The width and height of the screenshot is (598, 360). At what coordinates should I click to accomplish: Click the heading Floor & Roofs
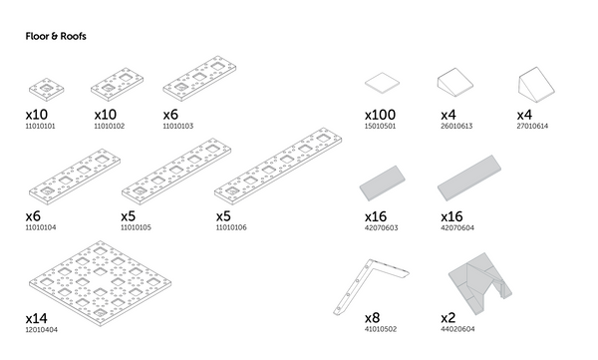(56, 36)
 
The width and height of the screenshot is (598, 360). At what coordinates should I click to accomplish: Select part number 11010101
(40, 127)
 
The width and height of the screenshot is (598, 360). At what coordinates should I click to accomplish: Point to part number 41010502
(380, 329)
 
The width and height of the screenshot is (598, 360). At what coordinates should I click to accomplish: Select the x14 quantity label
(37, 317)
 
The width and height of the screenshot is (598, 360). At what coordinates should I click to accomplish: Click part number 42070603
(380, 227)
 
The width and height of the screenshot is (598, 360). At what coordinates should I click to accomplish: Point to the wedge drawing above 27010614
(534, 83)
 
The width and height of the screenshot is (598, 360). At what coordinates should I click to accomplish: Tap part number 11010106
(231, 227)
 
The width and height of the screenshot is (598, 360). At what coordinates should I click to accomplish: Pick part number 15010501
(380, 127)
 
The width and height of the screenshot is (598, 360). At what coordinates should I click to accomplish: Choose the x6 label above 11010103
(171, 115)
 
